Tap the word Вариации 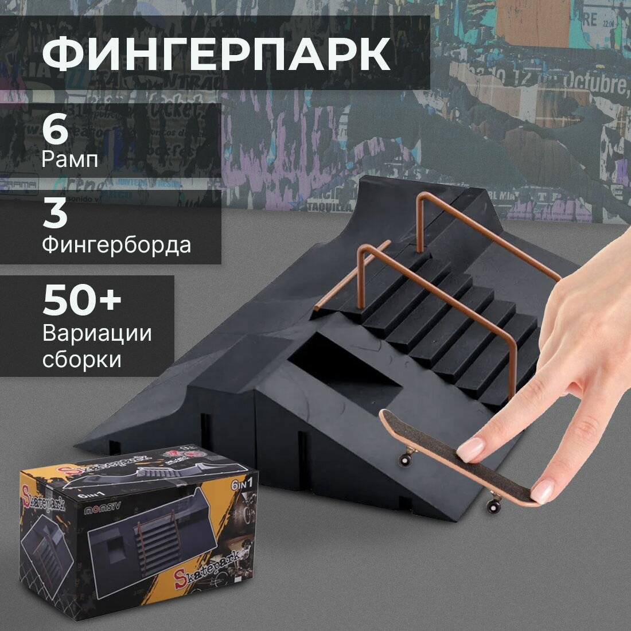click(97, 333)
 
